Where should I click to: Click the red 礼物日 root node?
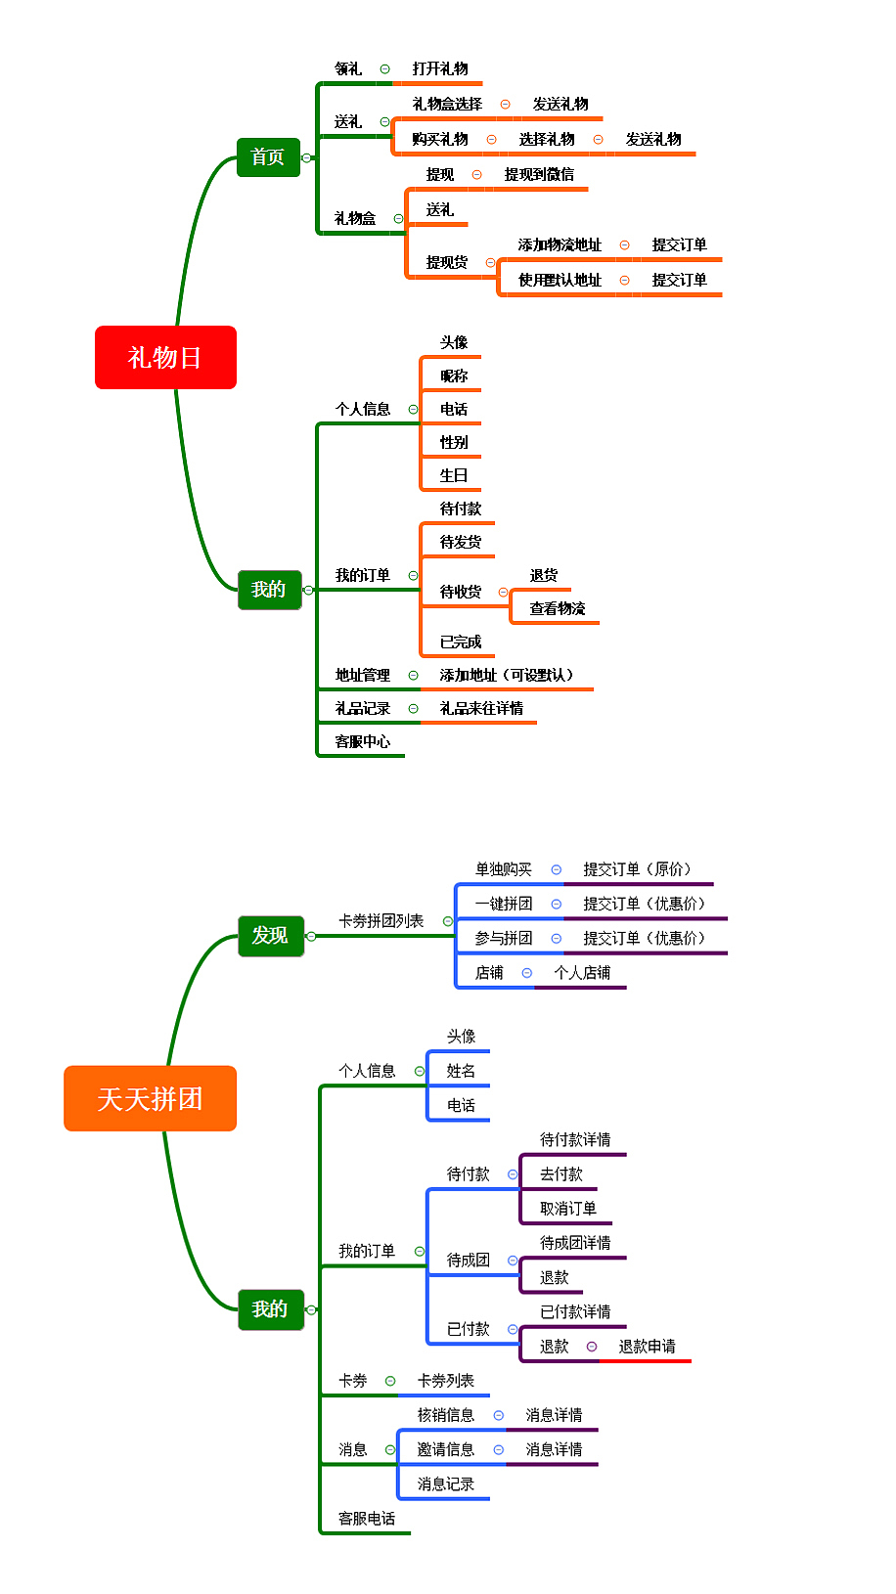tap(165, 357)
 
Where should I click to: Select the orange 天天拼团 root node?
tap(150, 1098)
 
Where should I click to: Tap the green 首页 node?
tap(268, 156)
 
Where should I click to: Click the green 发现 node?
tap(270, 936)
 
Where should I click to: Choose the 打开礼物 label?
tap(440, 68)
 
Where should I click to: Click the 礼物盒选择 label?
tap(447, 104)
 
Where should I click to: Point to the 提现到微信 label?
tap(539, 174)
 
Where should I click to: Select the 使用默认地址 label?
tap(560, 280)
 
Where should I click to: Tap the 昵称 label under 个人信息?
tap(454, 376)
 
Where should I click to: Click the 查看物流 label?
tap(558, 608)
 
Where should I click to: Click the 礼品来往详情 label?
tap(481, 708)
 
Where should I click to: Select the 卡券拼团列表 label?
tap(381, 921)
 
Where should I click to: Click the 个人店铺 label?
tap(582, 972)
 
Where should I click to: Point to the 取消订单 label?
tap(568, 1209)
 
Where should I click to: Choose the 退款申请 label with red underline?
tap(647, 1347)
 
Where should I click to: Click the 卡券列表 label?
tap(446, 1381)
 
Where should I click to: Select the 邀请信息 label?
tap(446, 1449)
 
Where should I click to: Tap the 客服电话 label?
tap(367, 1519)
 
